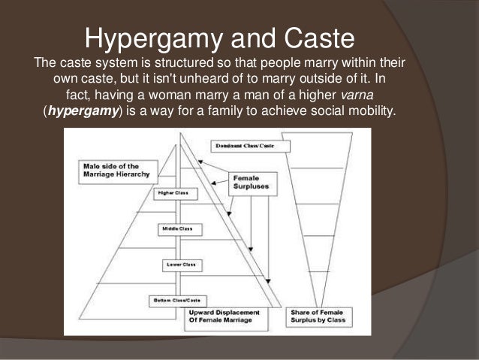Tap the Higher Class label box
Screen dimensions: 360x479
(172, 193)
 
